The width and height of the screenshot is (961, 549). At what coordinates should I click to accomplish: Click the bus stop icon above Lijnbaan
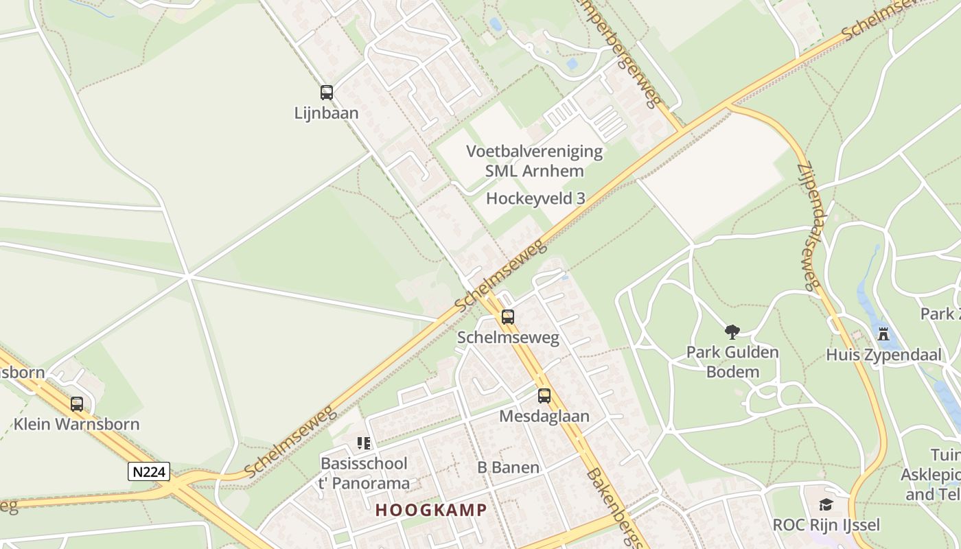pyautogui.click(x=327, y=93)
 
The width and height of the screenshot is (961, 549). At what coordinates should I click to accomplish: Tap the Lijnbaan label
pyautogui.click(x=327, y=113)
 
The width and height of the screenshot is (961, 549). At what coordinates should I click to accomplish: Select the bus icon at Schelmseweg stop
pyautogui.click(x=508, y=317)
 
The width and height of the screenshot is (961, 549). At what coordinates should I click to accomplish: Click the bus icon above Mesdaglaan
pyautogui.click(x=544, y=396)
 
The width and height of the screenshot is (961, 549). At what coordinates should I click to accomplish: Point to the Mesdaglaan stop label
pyautogui.click(x=544, y=417)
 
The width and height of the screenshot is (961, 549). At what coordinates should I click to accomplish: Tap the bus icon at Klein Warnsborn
pyautogui.click(x=77, y=404)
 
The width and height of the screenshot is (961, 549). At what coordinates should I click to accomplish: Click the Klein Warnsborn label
pyautogui.click(x=77, y=424)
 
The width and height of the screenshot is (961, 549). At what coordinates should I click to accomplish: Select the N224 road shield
pyautogui.click(x=149, y=472)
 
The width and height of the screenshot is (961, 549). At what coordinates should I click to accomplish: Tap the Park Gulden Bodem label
pyautogui.click(x=732, y=362)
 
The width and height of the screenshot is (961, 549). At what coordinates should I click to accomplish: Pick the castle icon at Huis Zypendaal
pyautogui.click(x=883, y=335)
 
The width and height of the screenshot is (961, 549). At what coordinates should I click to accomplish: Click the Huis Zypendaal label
pyautogui.click(x=883, y=355)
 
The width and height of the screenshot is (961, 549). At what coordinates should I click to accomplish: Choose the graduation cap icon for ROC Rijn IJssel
pyautogui.click(x=826, y=505)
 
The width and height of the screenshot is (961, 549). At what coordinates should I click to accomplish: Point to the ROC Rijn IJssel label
pyautogui.click(x=826, y=526)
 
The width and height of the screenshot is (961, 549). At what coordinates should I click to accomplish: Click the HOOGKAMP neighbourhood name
pyautogui.click(x=431, y=511)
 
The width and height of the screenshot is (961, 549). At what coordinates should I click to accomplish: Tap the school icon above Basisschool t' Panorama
pyautogui.click(x=364, y=443)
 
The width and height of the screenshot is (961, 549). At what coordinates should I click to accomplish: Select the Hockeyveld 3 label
pyautogui.click(x=535, y=199)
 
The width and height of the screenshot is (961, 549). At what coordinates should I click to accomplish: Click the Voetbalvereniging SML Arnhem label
pyautogui.click(x=535, y=161)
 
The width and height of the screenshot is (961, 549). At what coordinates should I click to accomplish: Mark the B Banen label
pyautogui.click(x=508, y=468)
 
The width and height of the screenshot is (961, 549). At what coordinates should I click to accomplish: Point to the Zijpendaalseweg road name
pyautogui.click(x=809, y=226)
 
